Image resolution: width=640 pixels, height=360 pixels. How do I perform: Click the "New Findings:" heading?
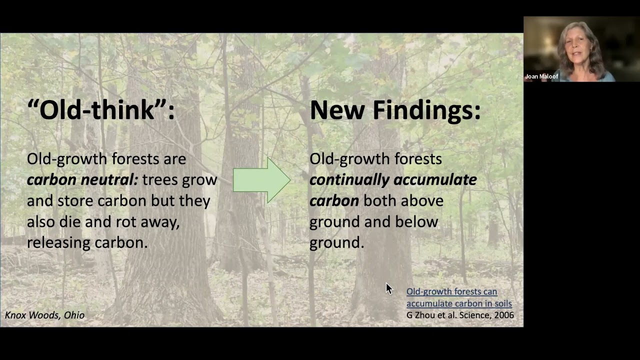pos(395,110)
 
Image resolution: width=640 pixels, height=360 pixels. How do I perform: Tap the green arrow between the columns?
pos(261,180)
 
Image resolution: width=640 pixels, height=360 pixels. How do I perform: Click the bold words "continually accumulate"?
pos(393,180)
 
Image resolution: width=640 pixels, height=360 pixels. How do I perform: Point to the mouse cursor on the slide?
pos(388,288)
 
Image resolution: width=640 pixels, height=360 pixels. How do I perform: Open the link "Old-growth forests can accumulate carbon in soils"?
pos(458,297)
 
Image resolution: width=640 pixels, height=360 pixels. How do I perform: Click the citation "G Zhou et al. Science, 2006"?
pos(460,315)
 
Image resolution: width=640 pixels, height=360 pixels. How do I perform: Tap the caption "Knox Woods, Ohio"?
pos(44,315)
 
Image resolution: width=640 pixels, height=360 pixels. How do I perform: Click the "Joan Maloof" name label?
pos(541,76)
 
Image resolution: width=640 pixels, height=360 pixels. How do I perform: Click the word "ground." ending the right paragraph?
pos(336,242)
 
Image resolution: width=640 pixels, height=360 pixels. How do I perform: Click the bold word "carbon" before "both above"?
pos(334,201)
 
